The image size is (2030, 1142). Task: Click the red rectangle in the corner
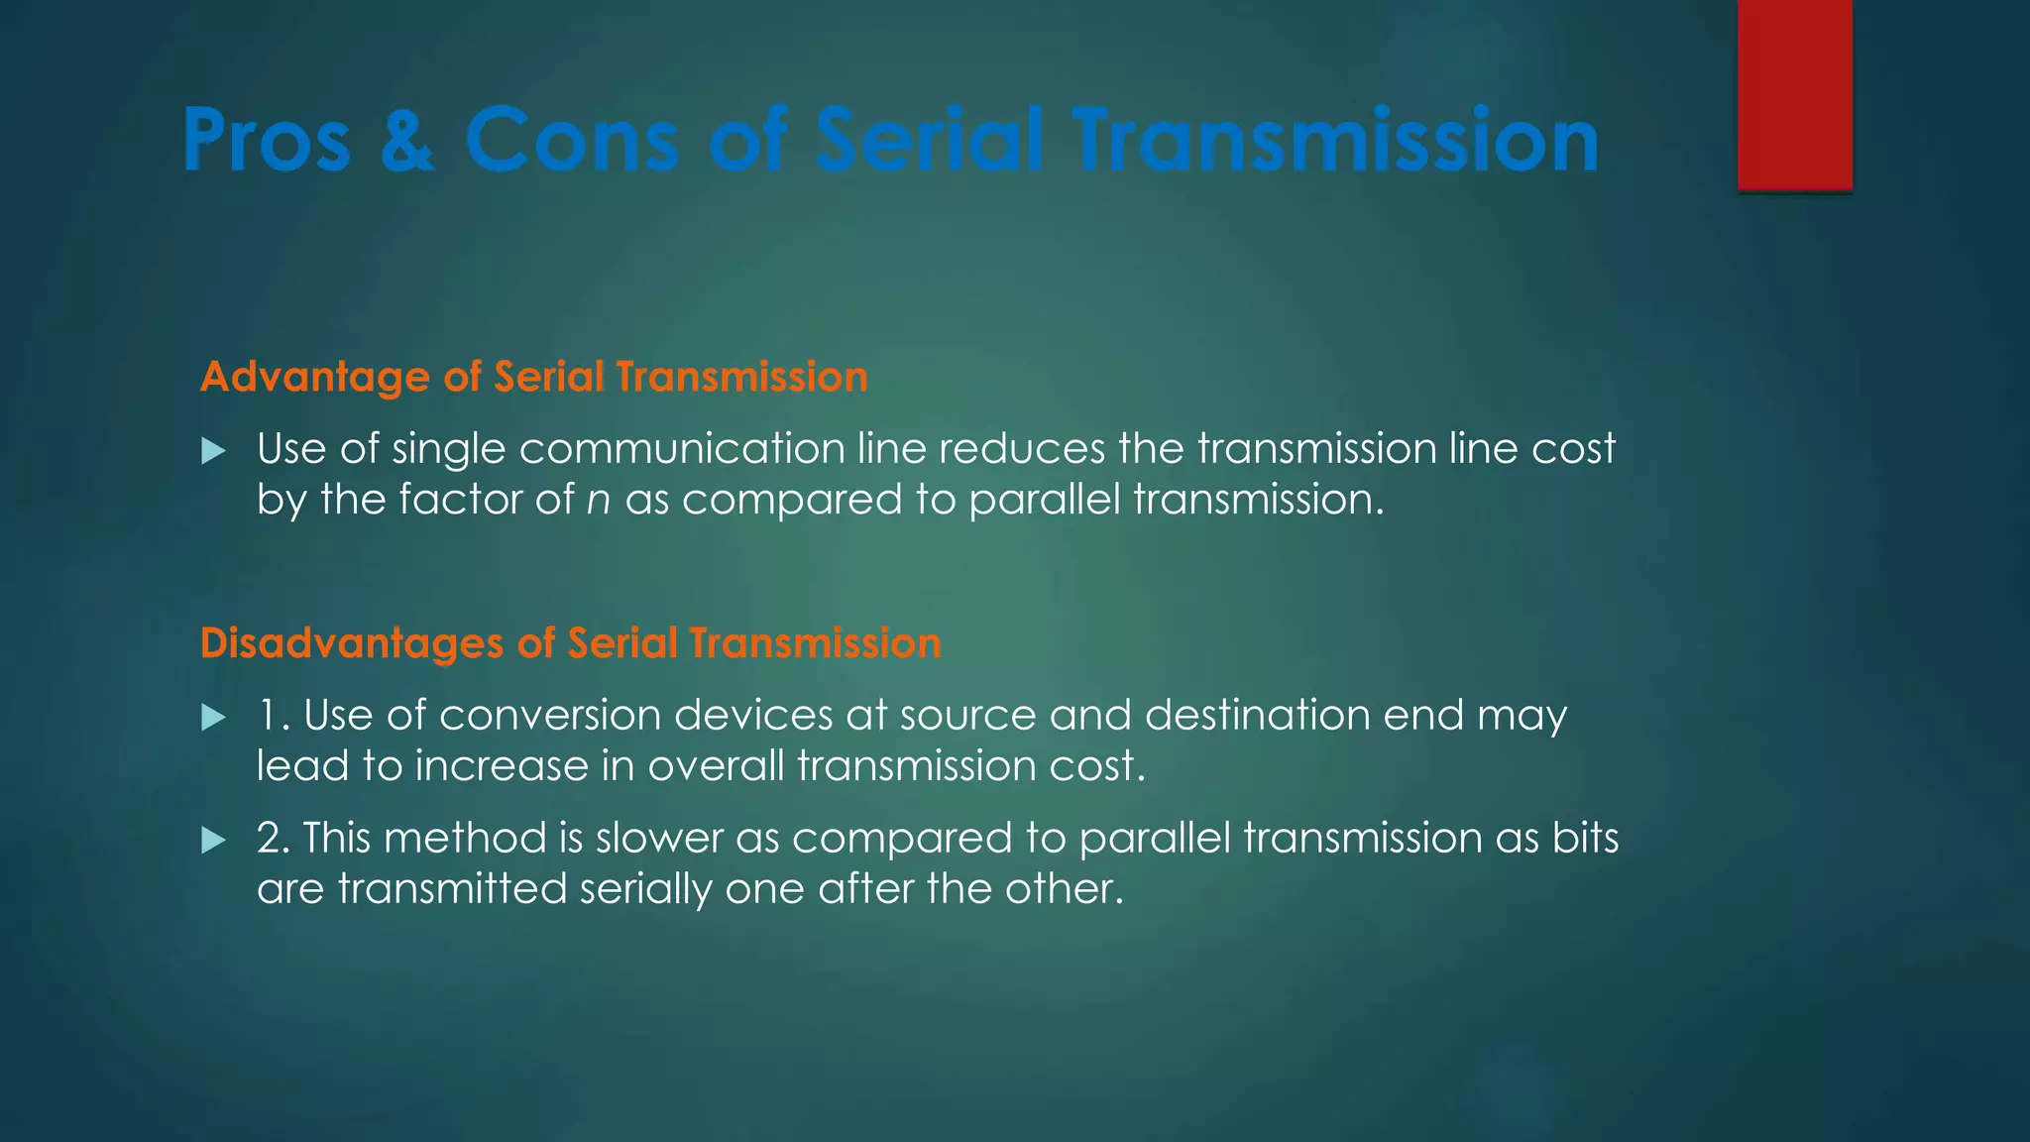coord(1794,94)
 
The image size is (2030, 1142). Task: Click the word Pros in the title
coord(267,141)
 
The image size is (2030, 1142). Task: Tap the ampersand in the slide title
coord(406,141)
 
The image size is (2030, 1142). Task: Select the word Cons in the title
coord(572,141)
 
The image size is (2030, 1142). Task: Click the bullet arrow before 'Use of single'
coord(213,452)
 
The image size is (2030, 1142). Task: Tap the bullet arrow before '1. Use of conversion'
coord(213,718)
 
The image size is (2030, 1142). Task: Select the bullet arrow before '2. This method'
coord(213,842)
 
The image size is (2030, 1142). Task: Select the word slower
coord(659,839)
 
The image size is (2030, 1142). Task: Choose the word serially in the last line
coord(644,889)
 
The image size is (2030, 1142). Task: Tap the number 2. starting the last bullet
coord(273,839)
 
